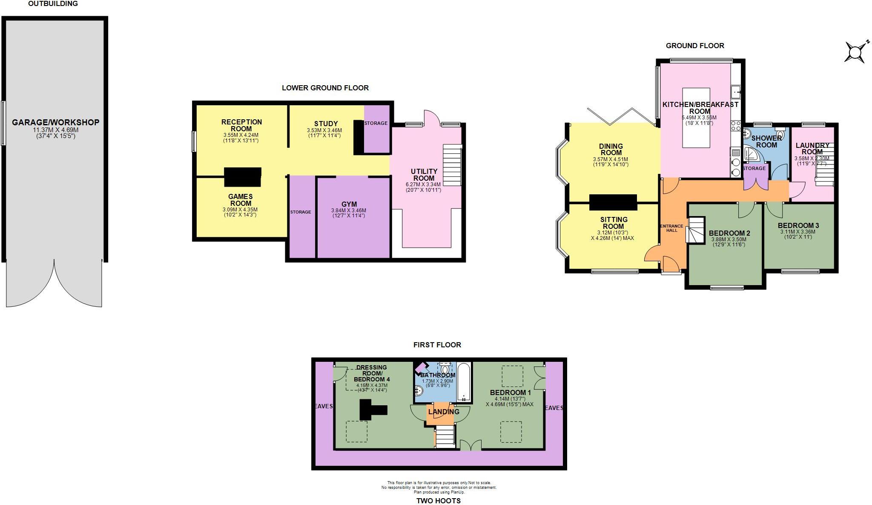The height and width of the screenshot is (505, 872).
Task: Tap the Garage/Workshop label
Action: (55, 122)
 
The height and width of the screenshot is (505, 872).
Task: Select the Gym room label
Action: (349, 204)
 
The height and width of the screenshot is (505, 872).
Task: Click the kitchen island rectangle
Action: (696, 118)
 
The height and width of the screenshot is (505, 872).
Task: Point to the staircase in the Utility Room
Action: (452, 165)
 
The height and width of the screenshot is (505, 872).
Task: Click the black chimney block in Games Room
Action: (242, 177)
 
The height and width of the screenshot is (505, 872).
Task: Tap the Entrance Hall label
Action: (671, 228)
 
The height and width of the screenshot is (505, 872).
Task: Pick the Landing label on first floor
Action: (444, 412)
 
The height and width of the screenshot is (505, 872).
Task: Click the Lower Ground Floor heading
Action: (325, 88)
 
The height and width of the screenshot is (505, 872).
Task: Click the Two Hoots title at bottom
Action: (438, 501)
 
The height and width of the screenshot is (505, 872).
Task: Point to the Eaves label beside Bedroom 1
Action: (554, 408)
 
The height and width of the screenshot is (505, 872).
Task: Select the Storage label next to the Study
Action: (376, 123)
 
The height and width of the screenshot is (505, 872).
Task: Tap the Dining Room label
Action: (611, 149)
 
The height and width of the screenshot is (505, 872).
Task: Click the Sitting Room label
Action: (614, 223)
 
